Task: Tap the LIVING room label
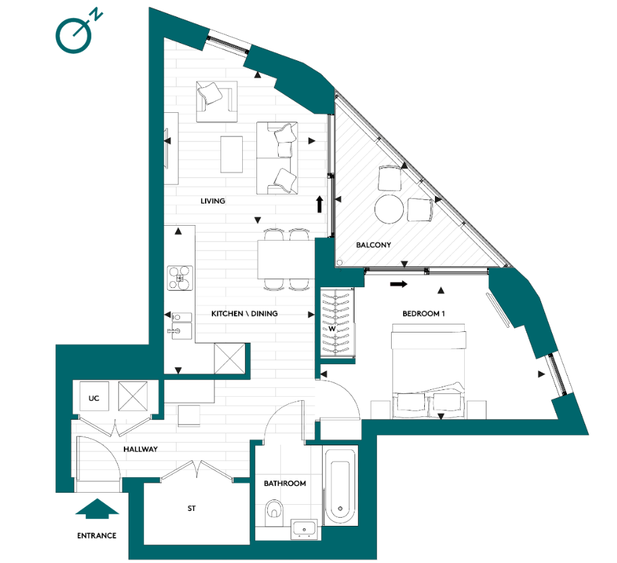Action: tap(212, 201)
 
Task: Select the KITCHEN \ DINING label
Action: tap(244, 314)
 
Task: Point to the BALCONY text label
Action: tap(374, 245)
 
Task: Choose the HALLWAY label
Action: tap(141, 449)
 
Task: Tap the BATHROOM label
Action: tap(285, 483)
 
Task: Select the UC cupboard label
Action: tap(94, 399)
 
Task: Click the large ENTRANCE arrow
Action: tap(96, 509)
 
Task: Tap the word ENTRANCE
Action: tap(96, 535)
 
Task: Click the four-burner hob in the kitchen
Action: tap(181, 277)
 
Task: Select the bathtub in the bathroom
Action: tap(340, 484)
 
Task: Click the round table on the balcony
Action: tap(390, 209)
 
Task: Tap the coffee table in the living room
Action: tap(231, 154)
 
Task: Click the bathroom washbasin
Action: tap(305, 528)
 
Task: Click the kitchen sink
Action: tap(180, 324)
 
